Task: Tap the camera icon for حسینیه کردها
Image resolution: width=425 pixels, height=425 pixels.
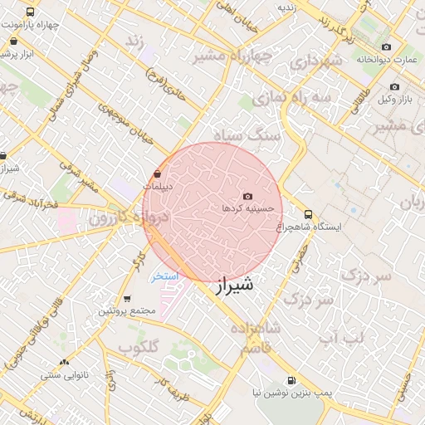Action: point(247,196)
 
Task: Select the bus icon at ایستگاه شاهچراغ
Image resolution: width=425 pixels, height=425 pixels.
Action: point(309,213)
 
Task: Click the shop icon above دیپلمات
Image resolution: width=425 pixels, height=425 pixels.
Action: point(158,174)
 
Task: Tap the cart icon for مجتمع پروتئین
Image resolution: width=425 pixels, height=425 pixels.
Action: point(126,299)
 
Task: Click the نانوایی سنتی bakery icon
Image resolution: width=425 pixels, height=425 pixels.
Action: point(64,362)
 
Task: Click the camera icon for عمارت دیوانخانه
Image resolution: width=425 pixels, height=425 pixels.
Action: point(386,47)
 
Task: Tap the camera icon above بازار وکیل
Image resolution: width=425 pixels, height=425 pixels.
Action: point(393,87)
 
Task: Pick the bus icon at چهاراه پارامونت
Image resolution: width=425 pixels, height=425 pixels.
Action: point(31,12)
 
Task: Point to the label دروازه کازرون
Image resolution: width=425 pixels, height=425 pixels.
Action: point(129,218)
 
